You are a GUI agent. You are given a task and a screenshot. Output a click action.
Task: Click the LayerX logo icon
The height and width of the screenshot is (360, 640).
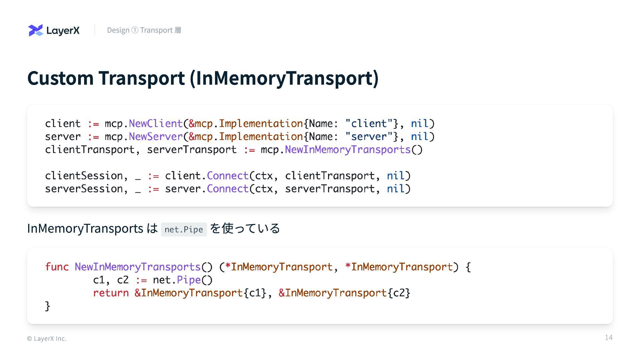coord(36,30)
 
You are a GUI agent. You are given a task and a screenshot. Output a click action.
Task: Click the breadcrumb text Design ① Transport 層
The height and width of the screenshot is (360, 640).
coord(144,30)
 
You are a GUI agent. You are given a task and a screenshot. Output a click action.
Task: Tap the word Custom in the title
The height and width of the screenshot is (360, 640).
coord(60,78)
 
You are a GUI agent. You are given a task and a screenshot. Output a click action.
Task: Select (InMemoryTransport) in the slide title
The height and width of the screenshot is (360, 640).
coord(284,78)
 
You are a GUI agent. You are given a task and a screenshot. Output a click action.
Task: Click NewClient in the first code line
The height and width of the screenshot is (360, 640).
coord(156,124)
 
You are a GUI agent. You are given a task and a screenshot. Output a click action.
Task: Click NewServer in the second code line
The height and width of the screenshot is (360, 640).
coord(156,137)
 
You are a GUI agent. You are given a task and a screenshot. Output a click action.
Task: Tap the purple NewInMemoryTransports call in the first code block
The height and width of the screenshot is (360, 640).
coord(348,150)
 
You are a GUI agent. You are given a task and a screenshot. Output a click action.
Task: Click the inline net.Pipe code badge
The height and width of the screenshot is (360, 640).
coord(184,229)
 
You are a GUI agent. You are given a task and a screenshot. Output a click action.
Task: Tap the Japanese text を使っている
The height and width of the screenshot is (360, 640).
coord(245,229)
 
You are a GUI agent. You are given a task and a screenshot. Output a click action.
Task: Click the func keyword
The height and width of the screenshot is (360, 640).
coord(57,267)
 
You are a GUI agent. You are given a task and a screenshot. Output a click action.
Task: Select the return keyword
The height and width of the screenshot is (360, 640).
coord(111,293)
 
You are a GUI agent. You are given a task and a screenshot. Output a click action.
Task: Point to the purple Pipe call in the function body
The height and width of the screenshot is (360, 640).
coord(189,280)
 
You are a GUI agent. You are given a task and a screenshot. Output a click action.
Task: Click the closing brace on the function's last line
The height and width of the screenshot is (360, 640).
coord(47,306)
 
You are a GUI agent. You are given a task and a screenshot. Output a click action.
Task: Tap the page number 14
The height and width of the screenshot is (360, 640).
coord(609,338)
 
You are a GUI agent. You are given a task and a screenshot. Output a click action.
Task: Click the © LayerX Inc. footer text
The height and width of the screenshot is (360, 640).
coord(47,339)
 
